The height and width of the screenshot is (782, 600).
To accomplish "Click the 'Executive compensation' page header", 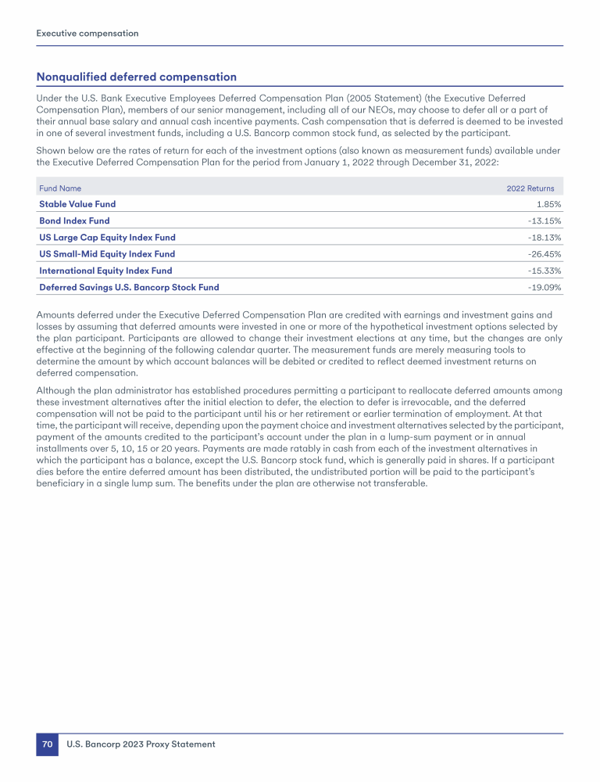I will click(87, 34).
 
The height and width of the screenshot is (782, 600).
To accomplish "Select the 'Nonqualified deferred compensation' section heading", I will click(136, 77).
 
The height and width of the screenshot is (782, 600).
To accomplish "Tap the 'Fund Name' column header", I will click(60, 188).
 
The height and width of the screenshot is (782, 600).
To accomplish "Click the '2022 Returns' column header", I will click(530, 188).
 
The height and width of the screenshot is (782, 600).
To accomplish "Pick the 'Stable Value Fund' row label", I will click(77, 204).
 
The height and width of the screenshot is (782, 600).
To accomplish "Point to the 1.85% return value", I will click(548, 204).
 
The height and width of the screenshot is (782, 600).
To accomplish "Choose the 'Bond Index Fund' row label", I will click(74, 221).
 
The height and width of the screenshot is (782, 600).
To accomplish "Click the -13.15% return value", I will click(545, 221).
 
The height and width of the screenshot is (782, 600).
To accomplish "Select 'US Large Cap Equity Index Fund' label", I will click(107, 237).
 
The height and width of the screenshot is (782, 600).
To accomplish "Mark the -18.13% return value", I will click(545, 237).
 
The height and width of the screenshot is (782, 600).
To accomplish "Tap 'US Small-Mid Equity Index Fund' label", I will click(107, 253).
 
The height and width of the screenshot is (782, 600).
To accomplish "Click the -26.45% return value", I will click(545, 253).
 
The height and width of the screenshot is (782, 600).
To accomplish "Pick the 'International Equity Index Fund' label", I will click(105, 271).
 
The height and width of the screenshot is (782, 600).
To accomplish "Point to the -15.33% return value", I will click(545, 271).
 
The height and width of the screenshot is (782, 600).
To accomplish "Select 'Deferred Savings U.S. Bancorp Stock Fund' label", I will click(129, 287).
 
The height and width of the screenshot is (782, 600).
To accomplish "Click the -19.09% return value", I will click(545, 287).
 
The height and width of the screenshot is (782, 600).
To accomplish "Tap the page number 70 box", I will click(47, 744).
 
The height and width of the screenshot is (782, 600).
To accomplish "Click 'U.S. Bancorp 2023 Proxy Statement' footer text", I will click(141, 744).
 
